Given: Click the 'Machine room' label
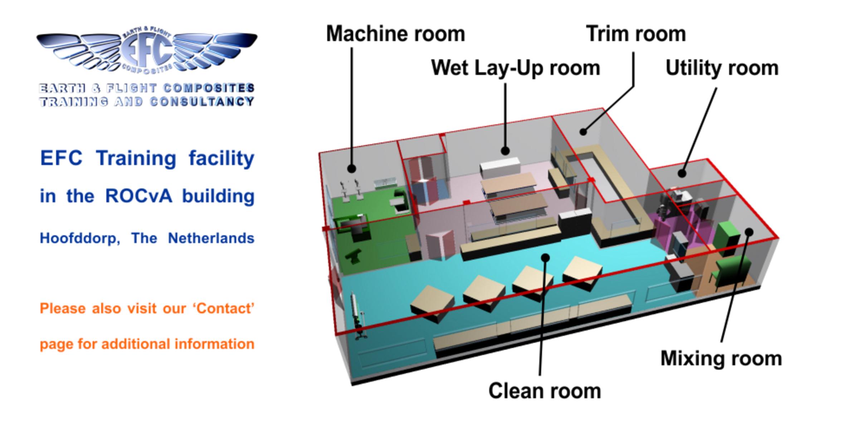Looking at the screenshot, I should point(395,34).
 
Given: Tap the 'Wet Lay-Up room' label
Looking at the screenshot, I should point(515,68).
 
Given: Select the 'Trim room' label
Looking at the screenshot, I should point(636,34).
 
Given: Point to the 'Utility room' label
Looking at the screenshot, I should point(722,68).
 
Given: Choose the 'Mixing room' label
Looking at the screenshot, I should point(721,358).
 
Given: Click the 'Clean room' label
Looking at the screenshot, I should point(545,391).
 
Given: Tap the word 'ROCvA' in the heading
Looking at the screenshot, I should point(139,196).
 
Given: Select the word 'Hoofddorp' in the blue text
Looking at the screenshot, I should point(79,238).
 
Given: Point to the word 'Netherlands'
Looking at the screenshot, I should point(211,238).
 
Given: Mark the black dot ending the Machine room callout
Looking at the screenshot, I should point(352,168).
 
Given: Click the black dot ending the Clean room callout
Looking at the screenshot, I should point(545,257).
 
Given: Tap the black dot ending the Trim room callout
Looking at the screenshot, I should point(583,132).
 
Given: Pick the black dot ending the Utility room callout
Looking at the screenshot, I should point(682,173).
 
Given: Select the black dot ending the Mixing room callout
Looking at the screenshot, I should point(749,232).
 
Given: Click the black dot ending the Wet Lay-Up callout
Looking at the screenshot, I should point(505,151).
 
